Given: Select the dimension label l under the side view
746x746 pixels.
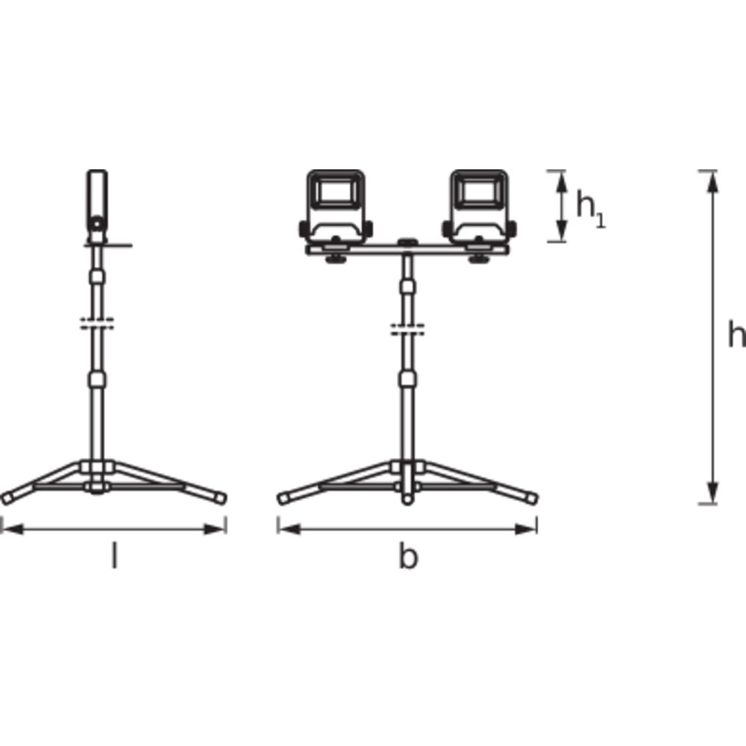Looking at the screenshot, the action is click(x=113, y=555).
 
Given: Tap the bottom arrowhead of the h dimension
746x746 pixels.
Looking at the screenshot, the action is click(x=712, y=492).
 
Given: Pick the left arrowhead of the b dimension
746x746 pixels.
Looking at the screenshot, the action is click(x=289, y=529).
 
